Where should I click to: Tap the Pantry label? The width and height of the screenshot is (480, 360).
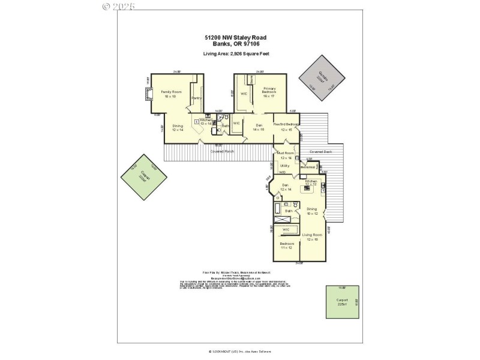click(196, 98)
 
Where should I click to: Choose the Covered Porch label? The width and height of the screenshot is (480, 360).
click(222, 151)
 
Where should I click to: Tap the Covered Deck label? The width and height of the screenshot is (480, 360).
click(320, 152)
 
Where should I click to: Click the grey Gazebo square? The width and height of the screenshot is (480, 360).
click(324, 76)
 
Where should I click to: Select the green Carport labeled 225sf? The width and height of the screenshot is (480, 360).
click(341, 302)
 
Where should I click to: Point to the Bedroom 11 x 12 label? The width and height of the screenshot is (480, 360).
click(286, 245)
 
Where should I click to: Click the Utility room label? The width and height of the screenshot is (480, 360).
click(285, 166)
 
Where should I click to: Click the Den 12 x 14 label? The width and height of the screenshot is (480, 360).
click(286, 187)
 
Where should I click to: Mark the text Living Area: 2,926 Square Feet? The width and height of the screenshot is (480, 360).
click(235, 54)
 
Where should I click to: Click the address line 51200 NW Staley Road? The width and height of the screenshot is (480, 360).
click(235, 37)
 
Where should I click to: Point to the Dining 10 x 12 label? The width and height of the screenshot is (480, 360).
click(312, 211)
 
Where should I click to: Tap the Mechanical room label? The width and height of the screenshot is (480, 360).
click(308, 167)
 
